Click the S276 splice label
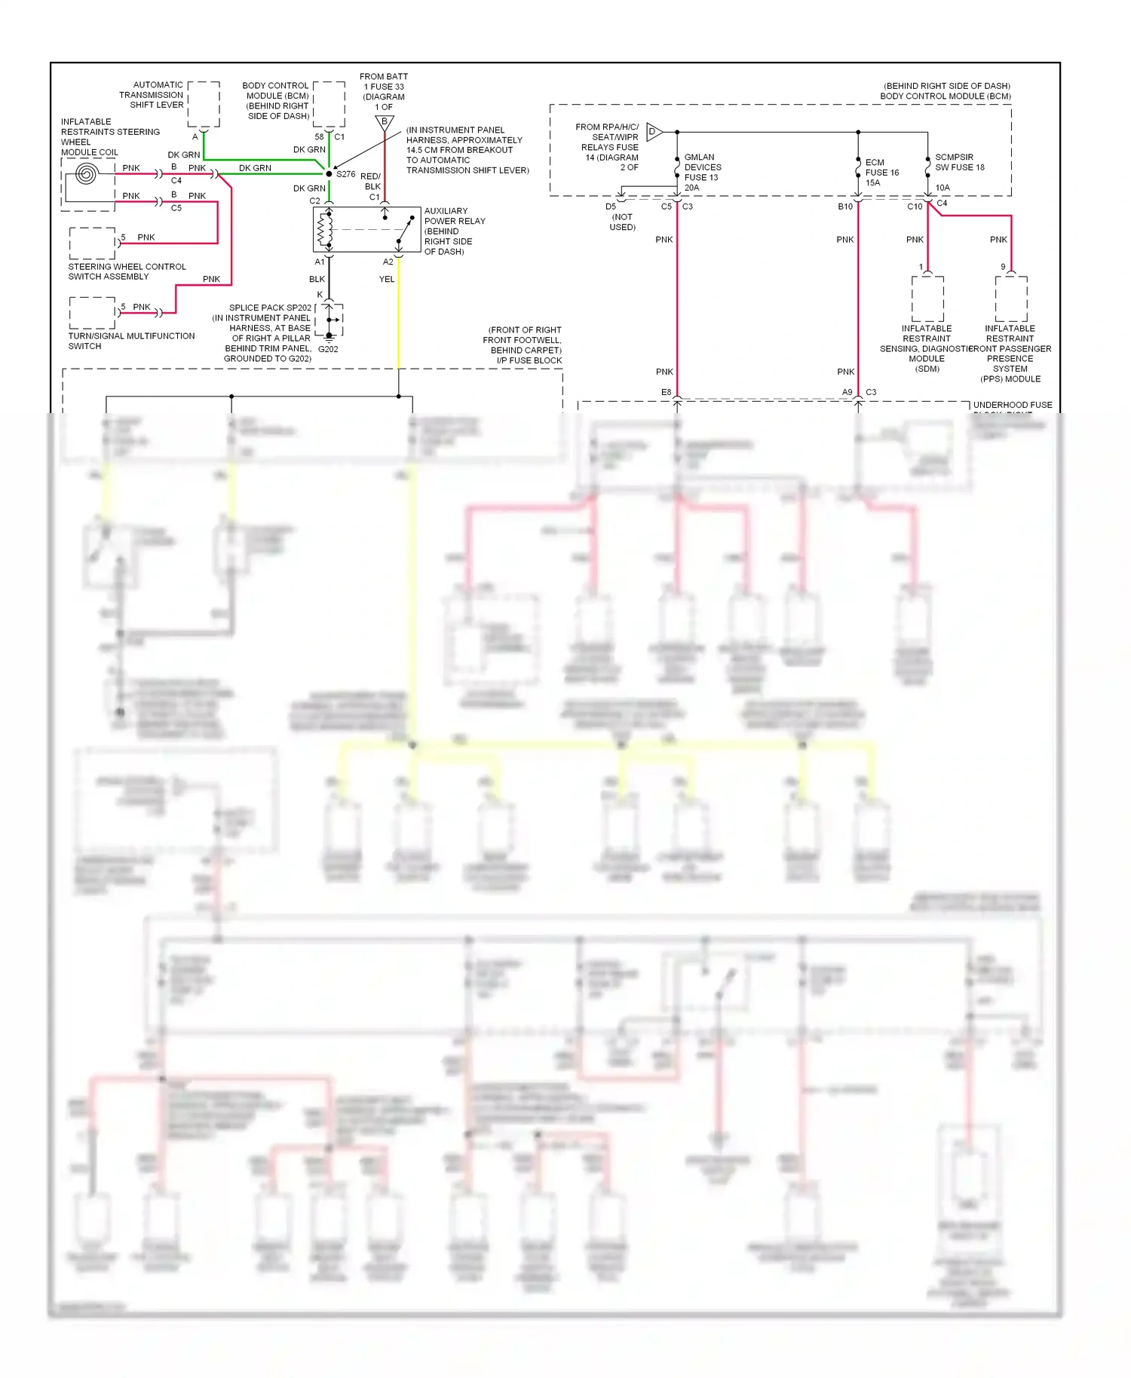point(345,174)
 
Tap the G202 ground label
point(328,349)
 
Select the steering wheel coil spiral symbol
point(86,176)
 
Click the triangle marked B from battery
point(385,122)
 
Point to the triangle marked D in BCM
point(654,132)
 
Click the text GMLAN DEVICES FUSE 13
point(702,167)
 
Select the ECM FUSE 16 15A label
point(881,172)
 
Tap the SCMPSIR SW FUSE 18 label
point(959,162)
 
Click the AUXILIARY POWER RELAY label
point(455,221)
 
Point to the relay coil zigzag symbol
point(325,230)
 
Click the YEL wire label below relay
point(387,279)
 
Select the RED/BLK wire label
point(371,181)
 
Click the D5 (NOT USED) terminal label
point(620,216)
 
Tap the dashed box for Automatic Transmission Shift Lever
point(204,104)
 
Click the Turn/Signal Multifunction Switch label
point(131,341)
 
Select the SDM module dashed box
point(927,299)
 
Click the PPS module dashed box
point(1011,299)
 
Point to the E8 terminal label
point(666,392)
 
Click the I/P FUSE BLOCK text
point(529,360)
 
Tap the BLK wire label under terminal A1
point(317,279)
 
